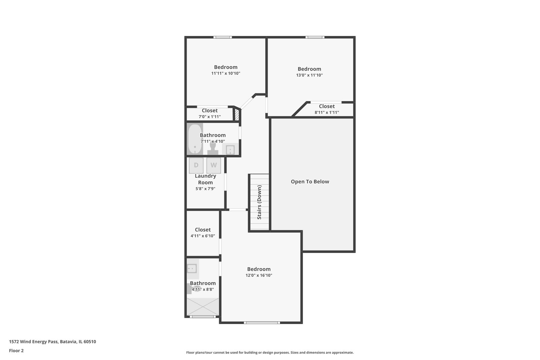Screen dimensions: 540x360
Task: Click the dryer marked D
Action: pyautogui.click(x=196, y=165)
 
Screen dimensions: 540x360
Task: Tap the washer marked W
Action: pyautogui.click(x=214, y=165)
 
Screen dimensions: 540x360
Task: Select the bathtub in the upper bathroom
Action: pyautogui.click(x=195, y=139)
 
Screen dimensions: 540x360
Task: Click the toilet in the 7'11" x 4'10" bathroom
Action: pyautogui.click(x=213, y=149)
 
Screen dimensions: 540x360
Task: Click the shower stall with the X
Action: pyautogui.click(x=203, y=306)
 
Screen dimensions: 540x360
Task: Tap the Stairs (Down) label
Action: pyautogui.click(x=259, y=202)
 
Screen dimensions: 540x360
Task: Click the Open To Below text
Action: pyautogui.click(x=310, y=182)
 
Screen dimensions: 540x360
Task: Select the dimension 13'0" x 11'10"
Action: pyautogui.click(x=309, y=75)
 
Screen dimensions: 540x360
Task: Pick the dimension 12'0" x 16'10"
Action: pyautogui.click(x=259, y=275)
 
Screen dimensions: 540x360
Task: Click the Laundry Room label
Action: pyautogui.click(x=205, y=179)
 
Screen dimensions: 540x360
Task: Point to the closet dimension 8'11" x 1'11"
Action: pyautogui.click(x=327, y=112)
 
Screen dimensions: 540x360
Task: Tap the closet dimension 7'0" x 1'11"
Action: pyautogui.click(x=209, y=117)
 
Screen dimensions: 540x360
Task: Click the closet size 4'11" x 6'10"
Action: pyautogui.click(x=203, y=236)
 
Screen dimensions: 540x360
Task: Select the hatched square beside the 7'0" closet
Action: pyautogui.click(x=237, y=115)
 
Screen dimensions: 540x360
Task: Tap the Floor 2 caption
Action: pyautogui.click(x=16, y=351)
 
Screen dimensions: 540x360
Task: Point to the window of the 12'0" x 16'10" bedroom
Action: pyautogui.click(x=262, y=323)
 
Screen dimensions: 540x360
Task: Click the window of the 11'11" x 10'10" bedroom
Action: pyautogui.click(x=223, y=37)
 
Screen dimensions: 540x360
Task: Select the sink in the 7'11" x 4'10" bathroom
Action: pyautogui.click(x=230, y=150)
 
